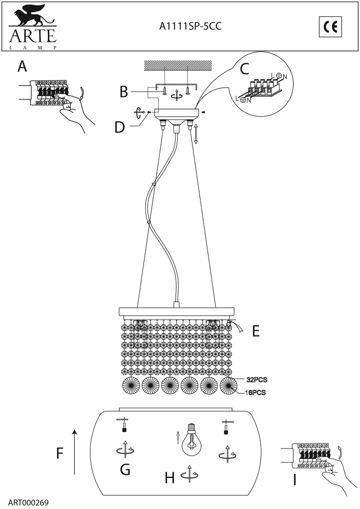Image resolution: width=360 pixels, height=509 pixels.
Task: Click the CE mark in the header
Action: [330, 27]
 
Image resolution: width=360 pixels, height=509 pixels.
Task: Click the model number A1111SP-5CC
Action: [190, 26]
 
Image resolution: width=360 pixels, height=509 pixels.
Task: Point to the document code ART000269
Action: [28, 502]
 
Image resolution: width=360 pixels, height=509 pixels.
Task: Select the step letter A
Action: [22, 67]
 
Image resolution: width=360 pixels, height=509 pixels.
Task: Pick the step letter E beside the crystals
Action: [256, 331]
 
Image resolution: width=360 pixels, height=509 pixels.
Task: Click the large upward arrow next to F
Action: [75, 452]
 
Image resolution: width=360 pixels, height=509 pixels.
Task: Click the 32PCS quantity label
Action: [257, 380]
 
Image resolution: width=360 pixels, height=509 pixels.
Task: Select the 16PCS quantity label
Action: [255, 392]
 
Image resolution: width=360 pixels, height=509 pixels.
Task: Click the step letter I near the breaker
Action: [295, 480]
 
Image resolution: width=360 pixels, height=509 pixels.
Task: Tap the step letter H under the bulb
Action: [170, 478]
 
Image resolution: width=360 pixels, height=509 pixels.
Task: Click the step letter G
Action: [125, 469]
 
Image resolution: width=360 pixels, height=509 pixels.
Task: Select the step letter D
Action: [120, 127]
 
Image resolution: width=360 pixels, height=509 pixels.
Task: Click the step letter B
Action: [124, 92]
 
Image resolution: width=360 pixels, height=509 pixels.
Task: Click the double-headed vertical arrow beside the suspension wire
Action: [196, 133]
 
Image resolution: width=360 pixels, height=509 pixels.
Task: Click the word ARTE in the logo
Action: [33, 36]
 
